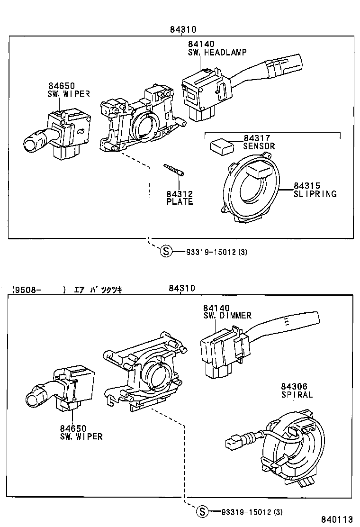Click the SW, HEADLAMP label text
coord(217,52)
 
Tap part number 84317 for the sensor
coord(256,138)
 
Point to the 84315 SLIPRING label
coord(315,190)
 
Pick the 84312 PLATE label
coord(180,198)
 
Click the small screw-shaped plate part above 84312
coord(174,169)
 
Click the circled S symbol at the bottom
coord(202,511)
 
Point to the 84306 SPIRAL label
coord(297,391)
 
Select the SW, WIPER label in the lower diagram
coord(81,436)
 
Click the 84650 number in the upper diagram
coord(62,86)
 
